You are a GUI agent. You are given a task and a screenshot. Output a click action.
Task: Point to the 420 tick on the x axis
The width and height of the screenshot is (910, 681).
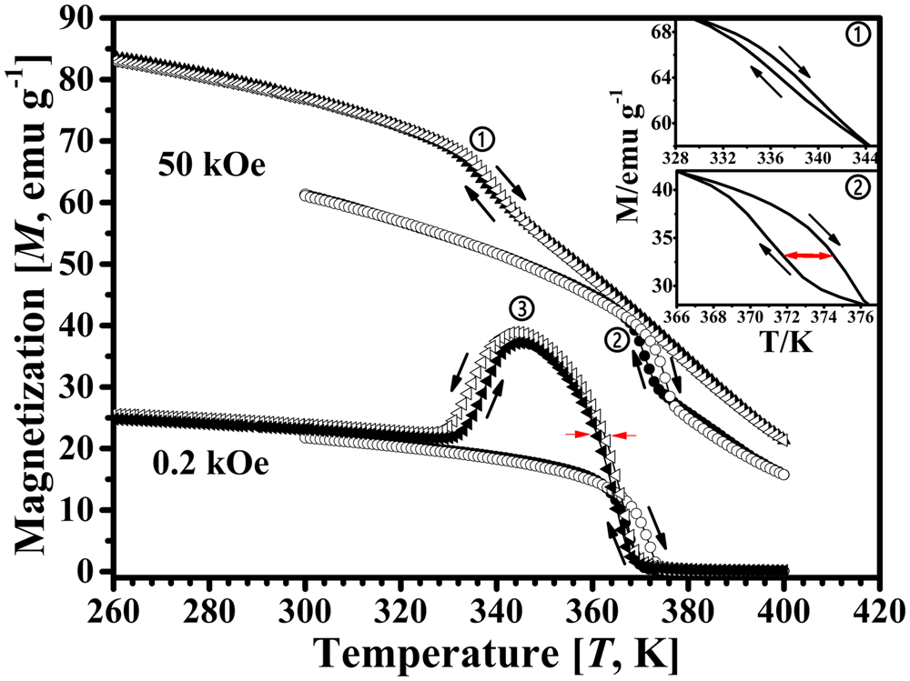876,602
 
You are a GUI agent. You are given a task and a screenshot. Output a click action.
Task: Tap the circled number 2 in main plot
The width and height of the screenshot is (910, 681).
615,340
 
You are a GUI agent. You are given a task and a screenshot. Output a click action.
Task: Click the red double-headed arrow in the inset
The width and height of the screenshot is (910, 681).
808,256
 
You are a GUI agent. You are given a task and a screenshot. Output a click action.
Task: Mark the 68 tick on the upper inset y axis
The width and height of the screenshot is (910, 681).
659,33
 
